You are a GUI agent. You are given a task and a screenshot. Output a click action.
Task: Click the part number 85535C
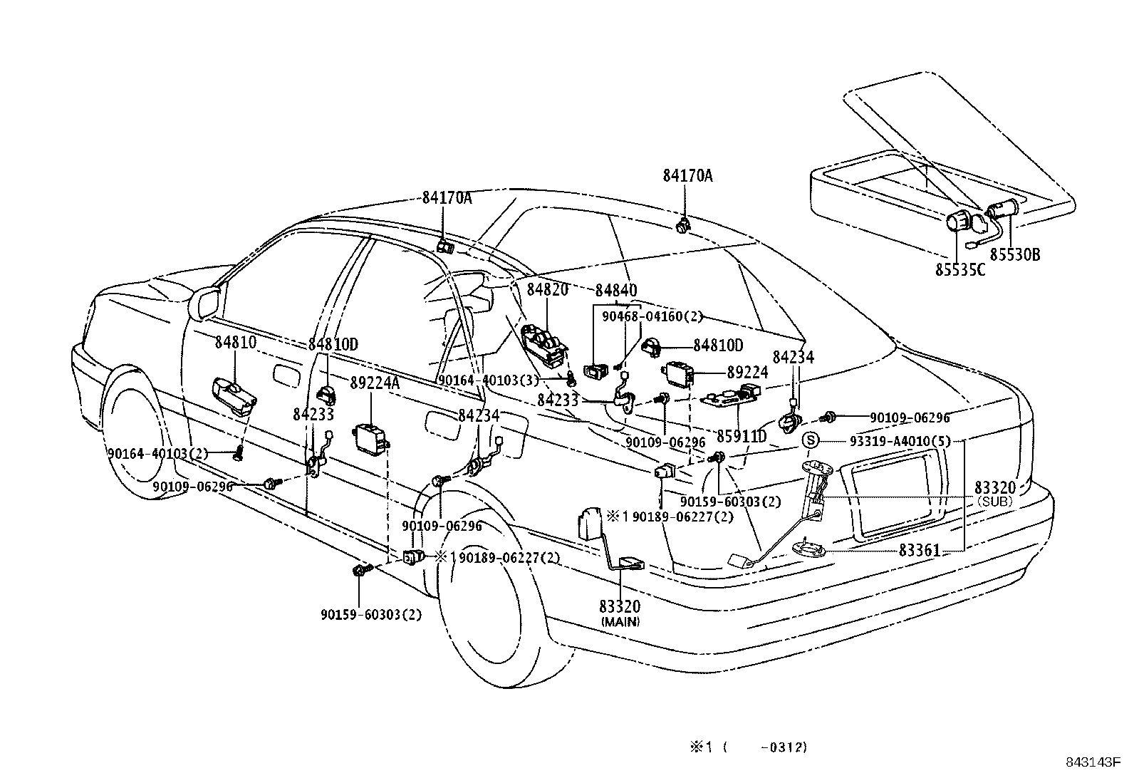(960, 270)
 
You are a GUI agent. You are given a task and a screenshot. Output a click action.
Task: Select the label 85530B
(1015, 255)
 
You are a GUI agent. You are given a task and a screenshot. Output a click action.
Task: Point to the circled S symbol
(810, 440)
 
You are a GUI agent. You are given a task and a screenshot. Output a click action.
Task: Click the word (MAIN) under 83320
(620, 621)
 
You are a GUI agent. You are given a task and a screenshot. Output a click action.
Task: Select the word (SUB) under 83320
(995, 502)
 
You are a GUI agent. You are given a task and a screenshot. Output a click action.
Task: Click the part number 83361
(920, 550)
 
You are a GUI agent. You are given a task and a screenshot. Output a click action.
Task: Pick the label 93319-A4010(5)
(900, 441)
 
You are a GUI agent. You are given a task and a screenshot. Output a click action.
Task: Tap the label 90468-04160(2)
(652, 316)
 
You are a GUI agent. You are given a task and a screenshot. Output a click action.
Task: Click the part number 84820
(547, 290)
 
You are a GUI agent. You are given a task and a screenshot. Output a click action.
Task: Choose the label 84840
(616, 290)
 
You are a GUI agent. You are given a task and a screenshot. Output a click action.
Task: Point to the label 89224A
(375, 383)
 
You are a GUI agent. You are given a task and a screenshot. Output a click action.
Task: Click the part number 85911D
(742, 436)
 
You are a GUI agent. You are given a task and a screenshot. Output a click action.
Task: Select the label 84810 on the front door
(236, 343)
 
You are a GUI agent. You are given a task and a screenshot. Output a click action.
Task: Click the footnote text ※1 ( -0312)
(749, 747)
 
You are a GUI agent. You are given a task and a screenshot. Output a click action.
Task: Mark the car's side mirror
(204, 303)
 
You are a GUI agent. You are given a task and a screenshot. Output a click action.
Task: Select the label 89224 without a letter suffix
(747, 372)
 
